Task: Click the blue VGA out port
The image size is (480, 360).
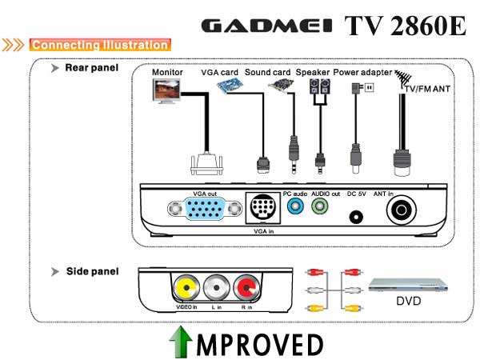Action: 205,209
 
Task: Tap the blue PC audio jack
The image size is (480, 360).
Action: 295,206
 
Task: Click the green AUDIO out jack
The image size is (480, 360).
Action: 319,206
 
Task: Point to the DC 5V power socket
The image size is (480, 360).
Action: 356,218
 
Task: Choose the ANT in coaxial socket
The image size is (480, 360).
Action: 402,210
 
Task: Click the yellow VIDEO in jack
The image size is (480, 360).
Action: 186,288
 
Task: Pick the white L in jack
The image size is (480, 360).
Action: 217,287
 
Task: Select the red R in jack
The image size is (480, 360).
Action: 246,287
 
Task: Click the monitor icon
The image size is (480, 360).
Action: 166,91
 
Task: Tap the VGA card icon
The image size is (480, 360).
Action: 230,86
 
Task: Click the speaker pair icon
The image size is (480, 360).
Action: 320,86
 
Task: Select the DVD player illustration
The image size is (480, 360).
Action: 408,285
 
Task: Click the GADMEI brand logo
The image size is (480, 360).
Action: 266,26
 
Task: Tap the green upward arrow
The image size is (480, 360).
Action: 181,342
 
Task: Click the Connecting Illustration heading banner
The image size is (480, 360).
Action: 100,45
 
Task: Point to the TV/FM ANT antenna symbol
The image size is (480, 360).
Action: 402,78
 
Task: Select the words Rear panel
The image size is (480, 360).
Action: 91,68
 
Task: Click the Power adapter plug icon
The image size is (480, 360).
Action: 362,88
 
